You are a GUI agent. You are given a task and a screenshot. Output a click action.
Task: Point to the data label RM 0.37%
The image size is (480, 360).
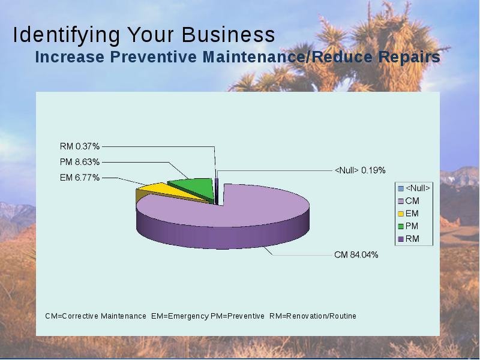(80, 146)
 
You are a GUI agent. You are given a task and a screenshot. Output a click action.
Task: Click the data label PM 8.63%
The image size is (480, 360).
(80, 162)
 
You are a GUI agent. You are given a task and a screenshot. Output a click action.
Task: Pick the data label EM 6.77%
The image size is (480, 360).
(80, 178)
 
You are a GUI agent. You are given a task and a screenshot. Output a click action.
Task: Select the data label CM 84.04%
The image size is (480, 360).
(356, 254)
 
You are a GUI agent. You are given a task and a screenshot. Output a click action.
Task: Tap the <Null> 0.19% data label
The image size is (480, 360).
(360, 170)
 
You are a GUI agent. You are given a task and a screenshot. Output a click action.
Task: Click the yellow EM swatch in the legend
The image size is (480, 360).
(401, 214)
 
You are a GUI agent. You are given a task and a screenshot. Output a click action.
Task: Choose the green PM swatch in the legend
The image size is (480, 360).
(401, 227)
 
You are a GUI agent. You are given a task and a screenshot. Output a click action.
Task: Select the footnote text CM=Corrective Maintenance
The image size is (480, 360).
(95, 316)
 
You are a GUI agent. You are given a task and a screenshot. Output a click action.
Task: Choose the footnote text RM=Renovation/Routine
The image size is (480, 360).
(313, 316)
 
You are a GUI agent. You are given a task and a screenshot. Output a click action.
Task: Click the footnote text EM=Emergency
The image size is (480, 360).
(180, 316)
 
